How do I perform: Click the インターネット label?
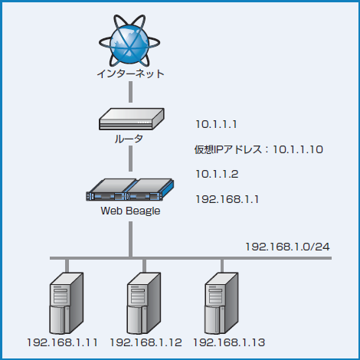130,74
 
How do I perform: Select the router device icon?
131,117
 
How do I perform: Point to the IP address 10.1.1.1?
218,124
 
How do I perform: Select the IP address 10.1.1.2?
218,174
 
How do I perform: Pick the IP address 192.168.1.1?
227,199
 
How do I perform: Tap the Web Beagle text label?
130,211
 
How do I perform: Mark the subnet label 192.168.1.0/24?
287,247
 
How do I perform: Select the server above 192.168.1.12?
143,303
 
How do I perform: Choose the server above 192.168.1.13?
222,303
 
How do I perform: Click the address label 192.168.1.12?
146,342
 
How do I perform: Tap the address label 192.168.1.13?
229,342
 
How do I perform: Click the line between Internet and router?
130,93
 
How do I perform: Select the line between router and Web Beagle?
130,159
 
